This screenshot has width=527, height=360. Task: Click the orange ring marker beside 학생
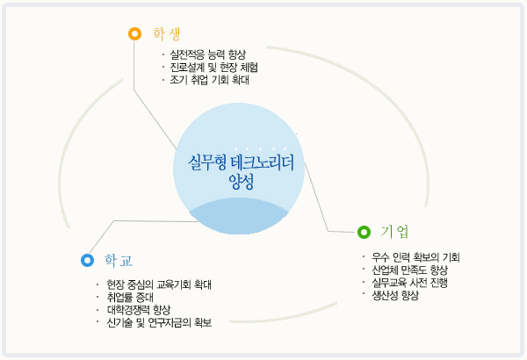134,33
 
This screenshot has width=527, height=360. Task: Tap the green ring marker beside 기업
364,232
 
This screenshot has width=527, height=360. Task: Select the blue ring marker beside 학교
87,260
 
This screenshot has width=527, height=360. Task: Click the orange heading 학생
167,33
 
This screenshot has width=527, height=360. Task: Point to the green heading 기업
395,232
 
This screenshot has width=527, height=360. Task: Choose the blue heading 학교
119,261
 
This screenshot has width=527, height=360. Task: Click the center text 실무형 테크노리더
241,162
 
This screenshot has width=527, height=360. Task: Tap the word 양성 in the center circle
241,182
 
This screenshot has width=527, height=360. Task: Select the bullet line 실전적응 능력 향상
207,54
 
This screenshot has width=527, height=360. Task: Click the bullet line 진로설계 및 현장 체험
213,68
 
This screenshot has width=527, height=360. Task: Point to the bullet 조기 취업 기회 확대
209,80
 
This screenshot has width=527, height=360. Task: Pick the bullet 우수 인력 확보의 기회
415,257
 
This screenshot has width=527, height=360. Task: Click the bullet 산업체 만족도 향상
409,270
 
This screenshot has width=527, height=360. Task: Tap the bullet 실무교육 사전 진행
409,283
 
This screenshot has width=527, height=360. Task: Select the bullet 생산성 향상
395,295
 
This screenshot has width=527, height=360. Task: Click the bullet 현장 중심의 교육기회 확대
159,284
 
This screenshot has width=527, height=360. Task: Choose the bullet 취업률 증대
130,298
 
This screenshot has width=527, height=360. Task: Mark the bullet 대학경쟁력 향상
139,310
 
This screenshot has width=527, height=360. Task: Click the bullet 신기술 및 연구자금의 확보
159,323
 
